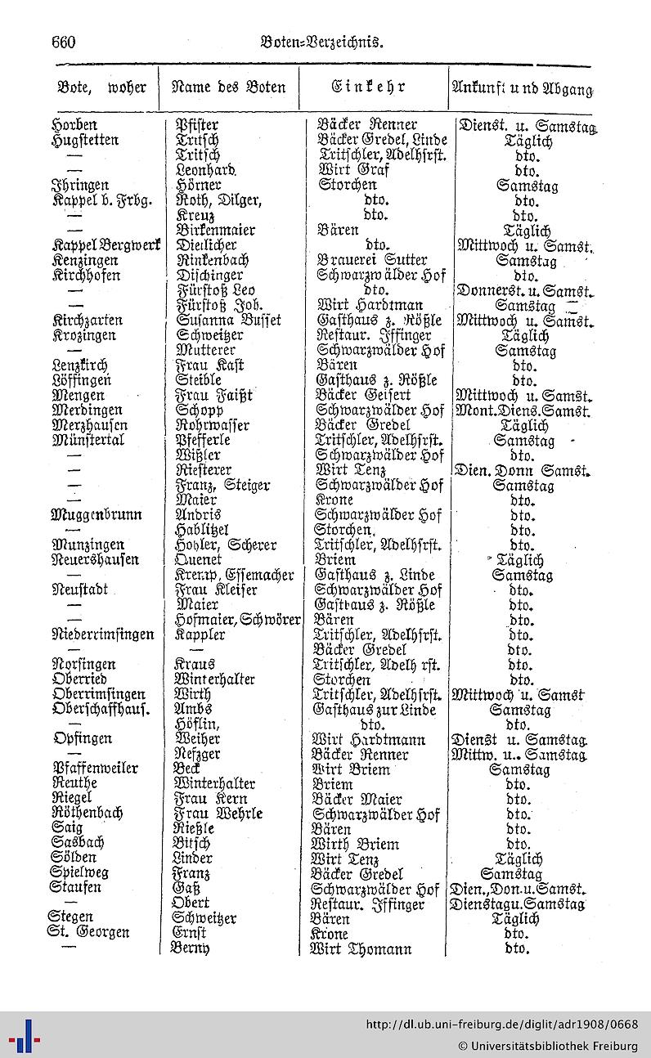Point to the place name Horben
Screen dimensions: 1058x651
pos(74,125)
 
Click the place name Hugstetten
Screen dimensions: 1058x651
pos(84,141)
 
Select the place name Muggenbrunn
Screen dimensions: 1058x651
pos(97,515)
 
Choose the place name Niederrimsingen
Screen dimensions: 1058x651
pos(103,634)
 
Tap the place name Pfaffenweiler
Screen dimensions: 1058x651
pos(96,769)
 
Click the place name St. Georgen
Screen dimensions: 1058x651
pos(89,934)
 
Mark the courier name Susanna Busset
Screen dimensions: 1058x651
pos(228,321)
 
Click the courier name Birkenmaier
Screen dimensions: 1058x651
pos(215,231)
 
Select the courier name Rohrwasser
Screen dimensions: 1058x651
pos(213,425)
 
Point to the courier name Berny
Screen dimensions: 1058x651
pos(190,949)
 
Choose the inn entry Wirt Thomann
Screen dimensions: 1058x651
pos(361,949)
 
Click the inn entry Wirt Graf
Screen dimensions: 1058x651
pos(353,171)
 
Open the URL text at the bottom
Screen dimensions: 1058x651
pos(501,1024)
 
